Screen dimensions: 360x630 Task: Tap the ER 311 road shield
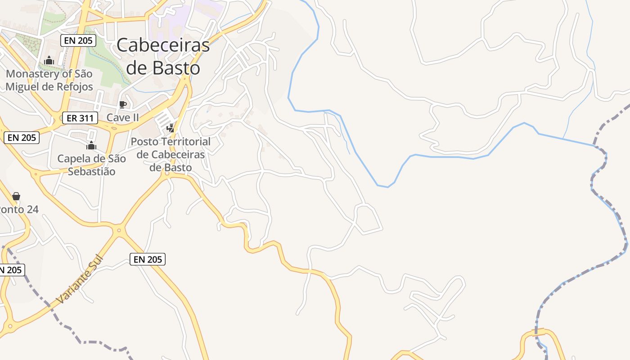(80, 118)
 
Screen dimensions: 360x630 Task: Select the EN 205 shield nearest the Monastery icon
(78, 40)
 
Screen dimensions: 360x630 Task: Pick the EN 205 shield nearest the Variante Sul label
(148, 259)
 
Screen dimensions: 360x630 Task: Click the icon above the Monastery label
(49, 60)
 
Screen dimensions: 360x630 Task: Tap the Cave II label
(122, 118)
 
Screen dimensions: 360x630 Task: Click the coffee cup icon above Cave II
(122, 105)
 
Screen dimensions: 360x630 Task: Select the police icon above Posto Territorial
(170, 128)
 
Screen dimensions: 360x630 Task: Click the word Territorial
(186, 141)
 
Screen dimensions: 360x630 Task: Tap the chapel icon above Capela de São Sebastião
(91, 145)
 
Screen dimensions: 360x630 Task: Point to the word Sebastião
(91, 171)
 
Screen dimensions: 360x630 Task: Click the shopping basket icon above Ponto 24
(16, 196)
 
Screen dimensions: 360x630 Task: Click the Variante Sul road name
(80, 279)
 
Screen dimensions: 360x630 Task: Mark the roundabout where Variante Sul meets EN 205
(119, 230)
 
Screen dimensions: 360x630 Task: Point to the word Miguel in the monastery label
(22, 86)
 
